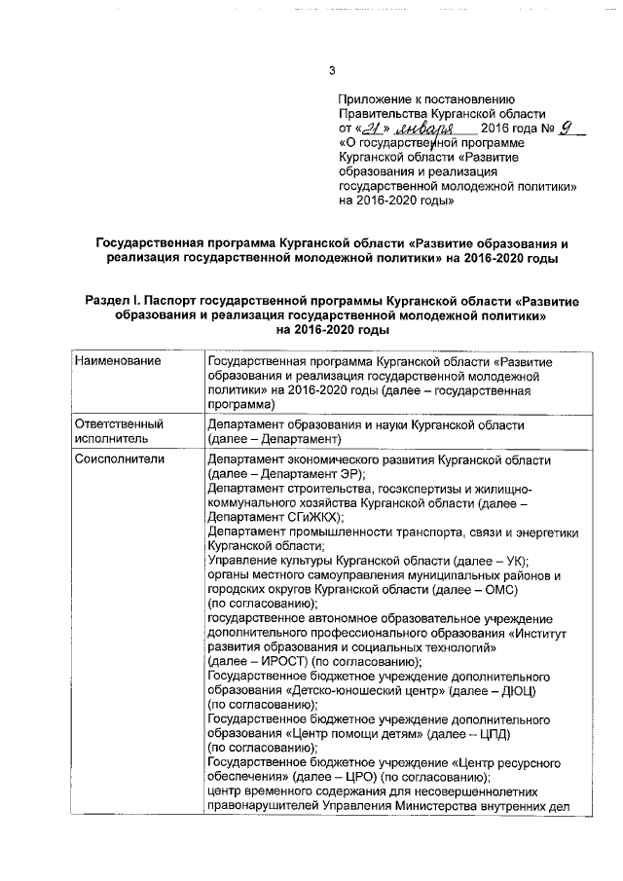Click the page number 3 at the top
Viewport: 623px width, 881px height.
tap(331, 70)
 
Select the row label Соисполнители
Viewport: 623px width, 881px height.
tap(122, 459)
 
